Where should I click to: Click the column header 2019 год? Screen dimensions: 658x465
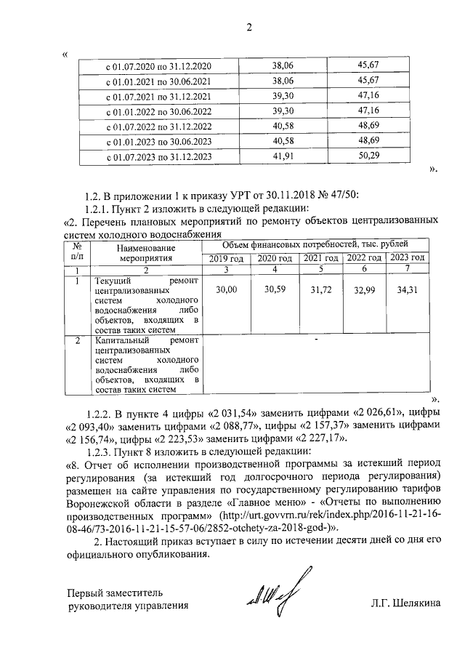point(226,258)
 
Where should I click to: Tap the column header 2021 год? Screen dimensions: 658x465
point(320,258)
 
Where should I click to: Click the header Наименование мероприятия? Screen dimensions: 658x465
point(142,252)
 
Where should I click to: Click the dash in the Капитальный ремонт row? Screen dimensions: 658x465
point(315,339)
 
